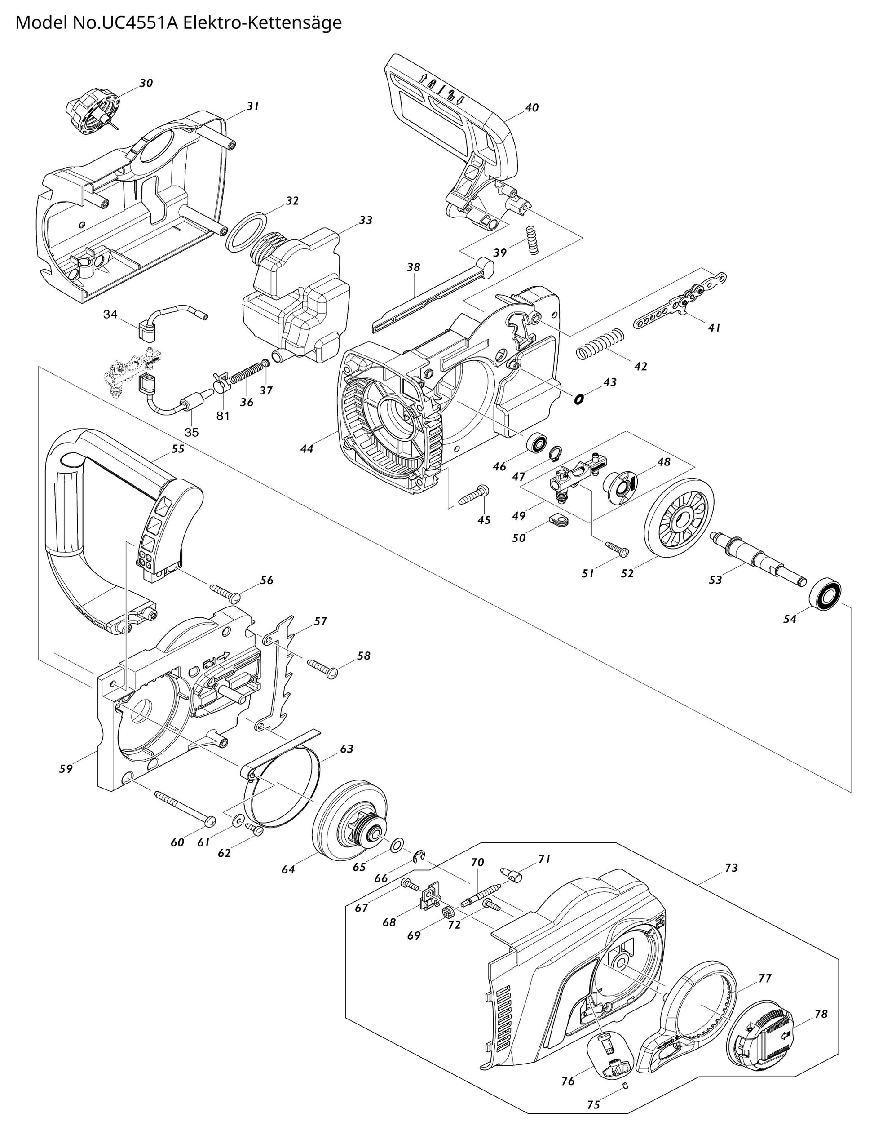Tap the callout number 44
click(x=307, y=448)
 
